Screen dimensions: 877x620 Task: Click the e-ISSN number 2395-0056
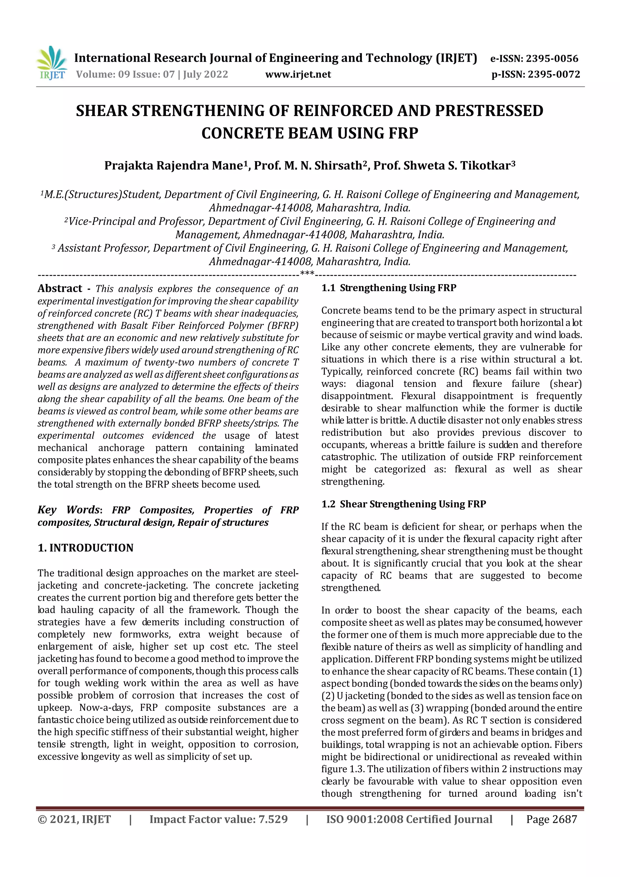(552, 59)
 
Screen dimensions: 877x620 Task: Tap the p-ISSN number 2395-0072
(554, 74)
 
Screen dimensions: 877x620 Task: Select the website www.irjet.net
(298, 74)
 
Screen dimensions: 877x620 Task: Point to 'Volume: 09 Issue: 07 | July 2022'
(152, 74)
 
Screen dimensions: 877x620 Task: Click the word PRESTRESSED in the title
(489, 111)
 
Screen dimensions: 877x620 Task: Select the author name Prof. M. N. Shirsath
(308, 166)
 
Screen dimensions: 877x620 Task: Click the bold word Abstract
(60, 289)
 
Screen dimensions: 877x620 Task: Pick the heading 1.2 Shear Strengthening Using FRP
(404, 504)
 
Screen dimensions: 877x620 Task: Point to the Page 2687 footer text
(551, 819)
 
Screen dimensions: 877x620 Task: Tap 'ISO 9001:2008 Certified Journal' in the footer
(409, 819)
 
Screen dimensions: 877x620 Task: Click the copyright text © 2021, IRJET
(74, 819)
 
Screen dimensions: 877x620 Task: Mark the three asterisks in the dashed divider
(307, 273)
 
